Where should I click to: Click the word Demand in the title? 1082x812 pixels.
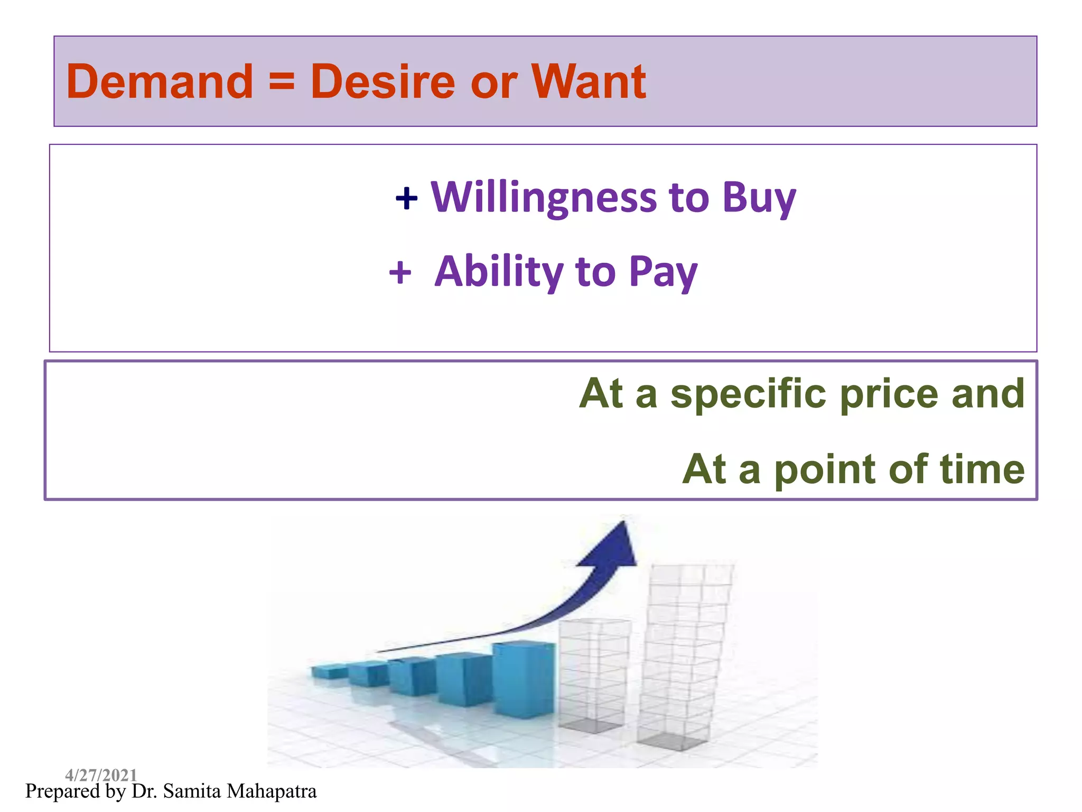160,82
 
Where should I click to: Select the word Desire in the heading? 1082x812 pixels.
383,82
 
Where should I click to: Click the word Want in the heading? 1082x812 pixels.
588,82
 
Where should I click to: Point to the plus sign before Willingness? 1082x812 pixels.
406,199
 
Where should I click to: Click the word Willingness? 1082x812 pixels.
543,198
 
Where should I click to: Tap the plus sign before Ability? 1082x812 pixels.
400,273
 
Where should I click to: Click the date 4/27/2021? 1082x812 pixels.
101,775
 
